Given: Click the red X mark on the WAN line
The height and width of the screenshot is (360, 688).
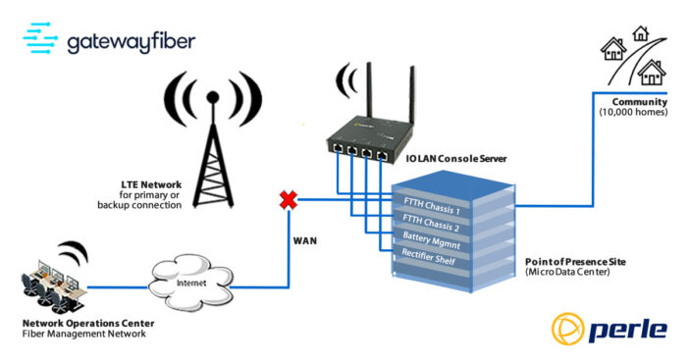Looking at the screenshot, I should [289, 200].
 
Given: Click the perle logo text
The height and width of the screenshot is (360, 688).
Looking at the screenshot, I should [627, 329].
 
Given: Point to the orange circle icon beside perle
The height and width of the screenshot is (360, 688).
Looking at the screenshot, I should [569, 329].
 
